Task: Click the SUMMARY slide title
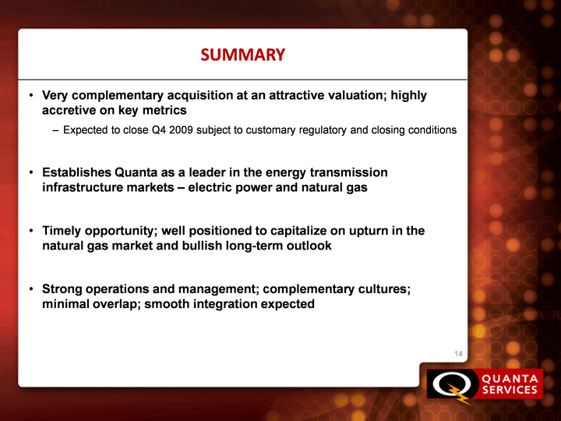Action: [x=242, y=55]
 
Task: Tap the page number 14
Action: [x=458, y=354]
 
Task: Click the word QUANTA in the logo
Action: [x=510, y=379]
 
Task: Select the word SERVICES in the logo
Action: [x=510, y=390]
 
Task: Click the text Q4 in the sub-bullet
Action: [x=159, y=129]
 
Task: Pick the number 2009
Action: [x=182, y=129]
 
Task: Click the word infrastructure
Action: [x=83, y=188]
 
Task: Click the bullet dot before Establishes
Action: [x=31, y=173]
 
